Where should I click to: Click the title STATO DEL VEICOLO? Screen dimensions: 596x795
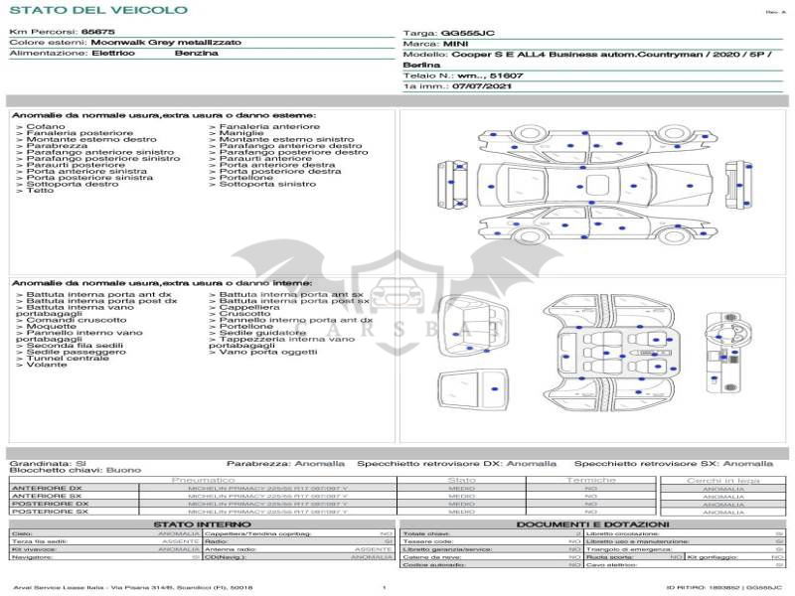click(97, 11)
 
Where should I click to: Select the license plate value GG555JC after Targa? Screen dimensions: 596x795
click(467, 33)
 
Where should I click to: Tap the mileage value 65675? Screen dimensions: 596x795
click(97, 33)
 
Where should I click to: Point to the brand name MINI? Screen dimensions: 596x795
click(455, 44)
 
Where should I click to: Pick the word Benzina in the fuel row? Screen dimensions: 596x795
click(197, 53)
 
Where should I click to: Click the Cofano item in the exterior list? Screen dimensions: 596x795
click(46, 127)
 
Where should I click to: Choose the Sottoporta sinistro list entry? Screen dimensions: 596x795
click(267, 184)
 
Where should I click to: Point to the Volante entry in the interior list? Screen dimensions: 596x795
click(47, 365)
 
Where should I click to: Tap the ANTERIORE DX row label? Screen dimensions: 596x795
click(49, 489)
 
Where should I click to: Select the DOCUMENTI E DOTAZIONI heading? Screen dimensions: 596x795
click(592, 523)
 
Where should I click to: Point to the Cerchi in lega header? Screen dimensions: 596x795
click(722, 480)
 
